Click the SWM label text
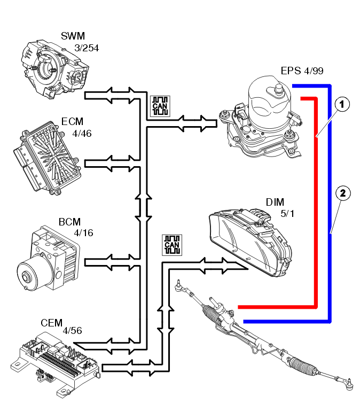[x=73, y=37]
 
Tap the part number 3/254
[x=87, y=48]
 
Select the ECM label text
[x=72, y=122]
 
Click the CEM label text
[x=51, y=324]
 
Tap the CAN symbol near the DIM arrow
[x=172, y=245]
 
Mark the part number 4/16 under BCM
[x=83, y=233]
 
